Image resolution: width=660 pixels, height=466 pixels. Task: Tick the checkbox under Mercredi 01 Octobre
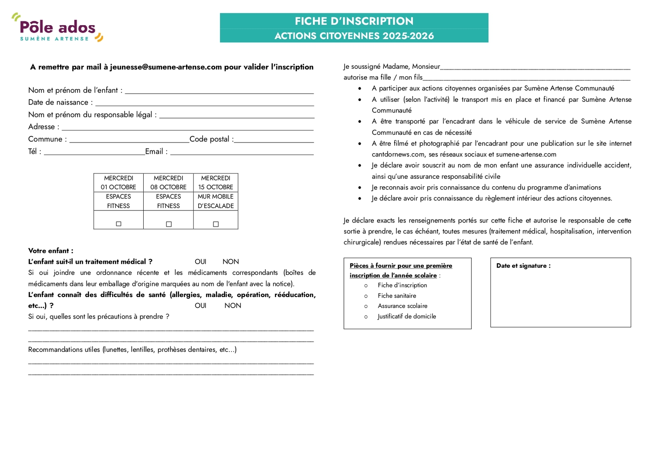(x=118, y=224)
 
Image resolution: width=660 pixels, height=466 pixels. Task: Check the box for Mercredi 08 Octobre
(x=168, y=224)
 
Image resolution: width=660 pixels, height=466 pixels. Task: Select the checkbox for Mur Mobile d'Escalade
(x=215, y=224)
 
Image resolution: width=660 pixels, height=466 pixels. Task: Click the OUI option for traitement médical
(x=200, y=262)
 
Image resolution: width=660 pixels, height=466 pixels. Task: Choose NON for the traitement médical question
(x=230, y=262)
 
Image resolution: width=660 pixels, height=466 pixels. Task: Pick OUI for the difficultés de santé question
(x=200, y=305)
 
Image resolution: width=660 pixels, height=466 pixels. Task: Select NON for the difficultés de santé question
(x=232, y=305)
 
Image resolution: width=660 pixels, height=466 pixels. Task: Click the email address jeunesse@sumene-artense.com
(x=166, y=67)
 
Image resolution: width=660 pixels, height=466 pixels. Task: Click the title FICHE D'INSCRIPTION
(x=354, y=21)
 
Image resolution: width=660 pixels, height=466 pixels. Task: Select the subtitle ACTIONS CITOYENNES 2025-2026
(x=354, y=36)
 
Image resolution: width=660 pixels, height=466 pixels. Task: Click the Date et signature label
(x=523, y=266)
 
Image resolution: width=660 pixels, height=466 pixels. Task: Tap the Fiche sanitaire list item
(x=397, y=295)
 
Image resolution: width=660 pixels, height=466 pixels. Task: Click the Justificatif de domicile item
(x=407, y=316)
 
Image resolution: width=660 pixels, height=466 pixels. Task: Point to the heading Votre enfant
(x=50, y=251)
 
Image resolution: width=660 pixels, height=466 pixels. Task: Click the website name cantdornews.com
(x=398, y=154)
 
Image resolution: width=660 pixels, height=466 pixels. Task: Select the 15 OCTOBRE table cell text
(x=215, y=187)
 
